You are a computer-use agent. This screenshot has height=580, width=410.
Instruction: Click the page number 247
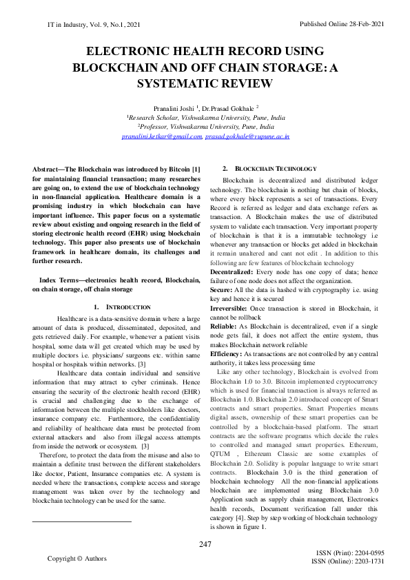click(x=205, y=545)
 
